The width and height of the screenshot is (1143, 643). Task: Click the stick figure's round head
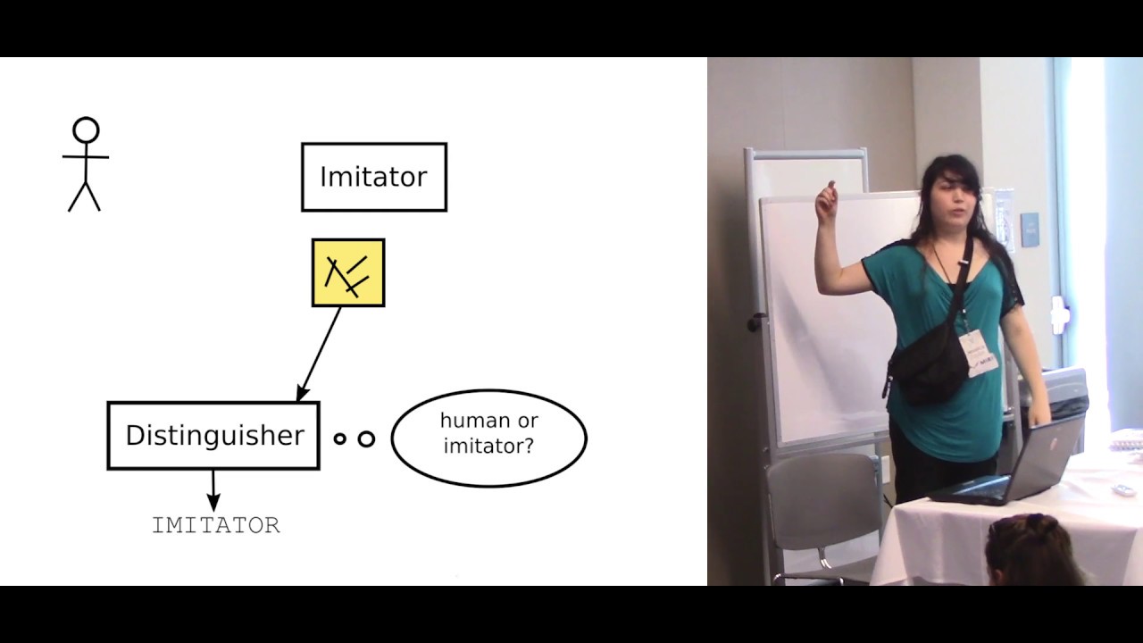coord(86,130)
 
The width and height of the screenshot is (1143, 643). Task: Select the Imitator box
coord(374,177)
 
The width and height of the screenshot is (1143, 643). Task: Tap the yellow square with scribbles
coord(348,272)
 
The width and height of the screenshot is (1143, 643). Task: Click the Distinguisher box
coord(213,436)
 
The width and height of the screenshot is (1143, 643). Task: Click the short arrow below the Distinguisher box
coord(213,490)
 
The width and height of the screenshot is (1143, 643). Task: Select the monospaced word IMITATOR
coord(216,525)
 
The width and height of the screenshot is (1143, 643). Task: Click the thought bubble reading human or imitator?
coord(488,438)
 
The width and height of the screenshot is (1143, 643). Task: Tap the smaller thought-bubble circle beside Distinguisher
coord(339,438)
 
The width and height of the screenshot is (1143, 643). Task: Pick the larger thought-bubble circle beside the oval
coord(366,438)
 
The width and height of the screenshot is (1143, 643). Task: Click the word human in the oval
coord(476,421)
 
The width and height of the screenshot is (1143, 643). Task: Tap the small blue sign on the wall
coord(1030,230)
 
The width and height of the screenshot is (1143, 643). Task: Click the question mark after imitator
coord(528,446)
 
